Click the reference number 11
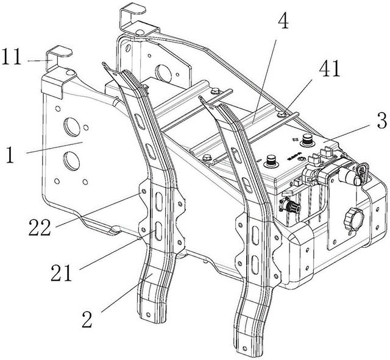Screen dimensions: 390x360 (11, 57)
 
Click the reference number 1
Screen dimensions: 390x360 (10, 155)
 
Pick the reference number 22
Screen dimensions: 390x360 (40, 227)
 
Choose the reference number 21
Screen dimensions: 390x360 (62, 273)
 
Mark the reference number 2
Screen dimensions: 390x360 (87, 319)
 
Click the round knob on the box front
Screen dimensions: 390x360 (353, 217)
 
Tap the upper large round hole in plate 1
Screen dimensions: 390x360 (72, 127)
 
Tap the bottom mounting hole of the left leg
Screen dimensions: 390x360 (148, 315)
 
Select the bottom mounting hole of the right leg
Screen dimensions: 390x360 (244, 348)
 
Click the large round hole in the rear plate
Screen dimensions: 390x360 (163, 73)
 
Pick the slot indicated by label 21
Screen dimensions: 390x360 (158, 231)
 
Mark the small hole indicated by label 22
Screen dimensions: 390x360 (144, 192)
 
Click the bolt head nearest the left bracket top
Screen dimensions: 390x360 (145, 86)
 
